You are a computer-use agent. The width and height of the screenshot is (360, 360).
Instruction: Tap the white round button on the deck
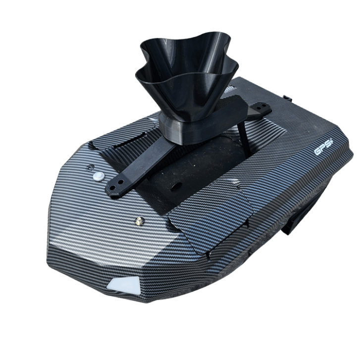pos(99,176)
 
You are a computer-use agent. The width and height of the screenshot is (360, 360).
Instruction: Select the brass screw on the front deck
pos(139,221)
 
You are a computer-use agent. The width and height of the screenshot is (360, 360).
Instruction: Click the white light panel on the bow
pos(123,285)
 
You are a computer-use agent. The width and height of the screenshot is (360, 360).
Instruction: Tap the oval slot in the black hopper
pos(176,186)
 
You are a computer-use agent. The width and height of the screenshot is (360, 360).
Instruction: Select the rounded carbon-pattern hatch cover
pos(210,219)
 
